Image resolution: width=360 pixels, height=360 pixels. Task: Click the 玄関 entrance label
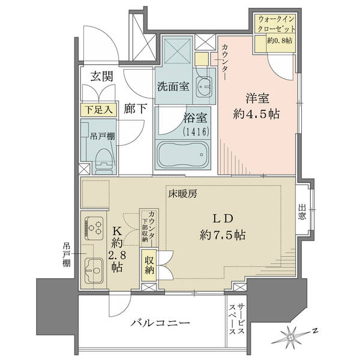(x=102, y=76)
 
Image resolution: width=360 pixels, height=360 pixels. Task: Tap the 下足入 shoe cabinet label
(x=99, y=110)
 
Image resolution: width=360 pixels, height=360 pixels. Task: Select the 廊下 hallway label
(x=136, y=109)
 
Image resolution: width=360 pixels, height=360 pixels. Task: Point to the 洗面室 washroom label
(x=173, y=86)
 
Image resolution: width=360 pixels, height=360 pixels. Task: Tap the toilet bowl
(x=105, y=158)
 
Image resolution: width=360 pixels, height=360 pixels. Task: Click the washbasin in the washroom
(x=204, y=86)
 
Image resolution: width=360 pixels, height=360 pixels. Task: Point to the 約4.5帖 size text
(x=256, y=114)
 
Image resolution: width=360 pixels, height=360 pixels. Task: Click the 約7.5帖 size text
(x=223, y=235)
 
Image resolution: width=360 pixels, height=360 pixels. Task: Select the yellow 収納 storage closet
(x=149, y=265)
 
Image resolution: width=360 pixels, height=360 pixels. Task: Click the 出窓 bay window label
(x=302, y=212)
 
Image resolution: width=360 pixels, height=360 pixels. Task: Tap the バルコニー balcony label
(x=160, y=323)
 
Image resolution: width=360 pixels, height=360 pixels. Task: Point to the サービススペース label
(x=236, y=319)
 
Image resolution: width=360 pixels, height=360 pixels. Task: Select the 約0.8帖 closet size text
(x=280, y=41)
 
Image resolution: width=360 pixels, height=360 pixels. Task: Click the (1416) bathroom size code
(x=196, y=131)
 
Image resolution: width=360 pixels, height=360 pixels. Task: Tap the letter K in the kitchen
(x=117, y=231)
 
